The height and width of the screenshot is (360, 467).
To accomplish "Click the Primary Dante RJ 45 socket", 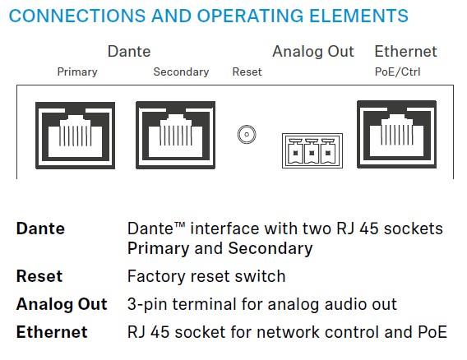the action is pos(75,136).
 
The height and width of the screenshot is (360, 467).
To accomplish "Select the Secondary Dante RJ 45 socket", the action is pos(175,135).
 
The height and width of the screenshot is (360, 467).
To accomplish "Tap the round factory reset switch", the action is pos(247,134).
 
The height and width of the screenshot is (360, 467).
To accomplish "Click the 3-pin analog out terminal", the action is pos(312,150).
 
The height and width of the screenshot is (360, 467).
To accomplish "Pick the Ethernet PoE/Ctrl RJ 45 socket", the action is pos(397,134).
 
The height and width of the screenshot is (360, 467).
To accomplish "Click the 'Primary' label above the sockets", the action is pos(77,72).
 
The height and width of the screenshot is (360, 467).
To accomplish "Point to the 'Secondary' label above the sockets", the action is pos(181,72).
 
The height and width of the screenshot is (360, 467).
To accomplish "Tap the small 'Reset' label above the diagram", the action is pos(247,72).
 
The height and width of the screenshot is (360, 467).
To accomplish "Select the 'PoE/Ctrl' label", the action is pos(397,72).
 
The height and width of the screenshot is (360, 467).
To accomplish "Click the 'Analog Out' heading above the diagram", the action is pos(313,52).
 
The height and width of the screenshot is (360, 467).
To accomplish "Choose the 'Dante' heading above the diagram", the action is pos(129,52).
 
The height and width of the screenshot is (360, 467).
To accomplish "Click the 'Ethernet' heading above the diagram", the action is pos(405,52).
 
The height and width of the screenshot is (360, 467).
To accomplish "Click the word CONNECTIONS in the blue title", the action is pos(77,16).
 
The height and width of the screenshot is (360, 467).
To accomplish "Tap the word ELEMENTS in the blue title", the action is pos(358,16).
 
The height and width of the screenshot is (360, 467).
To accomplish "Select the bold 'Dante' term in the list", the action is pos(40,228).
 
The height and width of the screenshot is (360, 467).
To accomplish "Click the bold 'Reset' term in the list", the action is pos(39,276).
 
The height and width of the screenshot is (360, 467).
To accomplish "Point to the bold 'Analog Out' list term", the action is pos(62,304).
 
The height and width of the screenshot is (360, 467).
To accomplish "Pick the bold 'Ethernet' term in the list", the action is pos(52,332).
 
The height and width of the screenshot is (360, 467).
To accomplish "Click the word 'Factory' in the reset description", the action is pos(156,277).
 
